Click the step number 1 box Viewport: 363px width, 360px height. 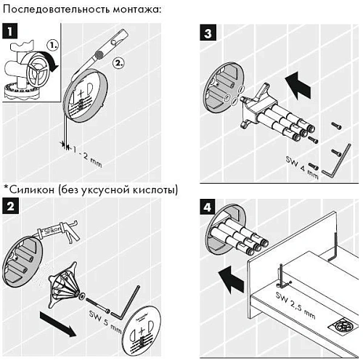[x=10, y=32]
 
